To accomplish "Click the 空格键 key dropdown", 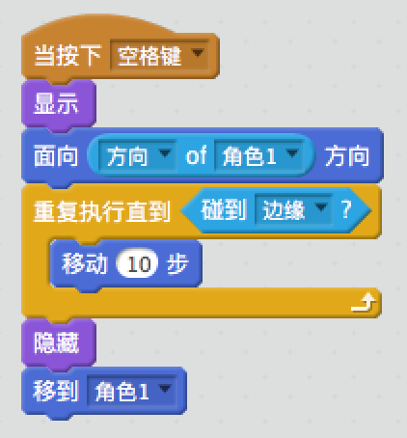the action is pos(160,55).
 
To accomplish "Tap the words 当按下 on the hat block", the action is pos(67,55).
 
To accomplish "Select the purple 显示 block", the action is pos(59,103).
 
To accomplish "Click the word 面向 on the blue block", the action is pos(56,155).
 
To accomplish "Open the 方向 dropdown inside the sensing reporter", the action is pos(138,155).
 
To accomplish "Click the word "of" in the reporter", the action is pos(196,155).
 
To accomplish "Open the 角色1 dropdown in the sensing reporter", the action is pos(258,155).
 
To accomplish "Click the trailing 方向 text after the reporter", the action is pos(347,155).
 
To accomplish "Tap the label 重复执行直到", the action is pos(101,211).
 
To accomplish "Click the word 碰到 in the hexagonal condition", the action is pos(224,209).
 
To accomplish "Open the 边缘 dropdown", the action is pos(293,209).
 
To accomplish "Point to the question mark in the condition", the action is pos(346,209).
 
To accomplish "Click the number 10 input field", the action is pos(138,263).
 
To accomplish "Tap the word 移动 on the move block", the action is pos(84,263).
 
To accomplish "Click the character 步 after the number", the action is pos(177,263).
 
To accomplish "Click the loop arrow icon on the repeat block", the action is pos(364,302).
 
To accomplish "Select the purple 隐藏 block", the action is pos(59,342).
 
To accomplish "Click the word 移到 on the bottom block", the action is pos(56,391).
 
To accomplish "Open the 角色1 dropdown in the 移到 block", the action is pos(132,391).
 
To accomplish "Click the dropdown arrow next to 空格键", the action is pos(198,52).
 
